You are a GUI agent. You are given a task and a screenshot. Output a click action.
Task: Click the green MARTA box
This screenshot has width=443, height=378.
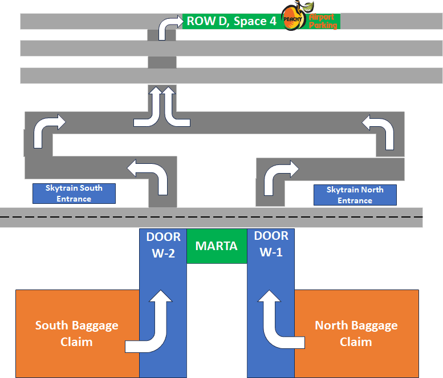pos(217,246)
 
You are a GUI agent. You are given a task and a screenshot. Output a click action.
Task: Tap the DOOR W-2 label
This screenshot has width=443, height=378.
pos(163,245)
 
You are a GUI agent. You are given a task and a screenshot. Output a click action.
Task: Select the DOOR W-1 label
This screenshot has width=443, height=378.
pos(271,244)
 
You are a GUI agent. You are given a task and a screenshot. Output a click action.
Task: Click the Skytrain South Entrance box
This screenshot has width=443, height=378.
pos(74,194)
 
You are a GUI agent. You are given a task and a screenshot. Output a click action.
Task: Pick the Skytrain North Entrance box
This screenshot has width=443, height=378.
pos(355,195)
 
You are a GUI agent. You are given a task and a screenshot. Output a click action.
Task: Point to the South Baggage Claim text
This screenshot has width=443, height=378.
pos(76,333)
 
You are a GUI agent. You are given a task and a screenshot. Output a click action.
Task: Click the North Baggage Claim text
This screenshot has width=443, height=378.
pos(356,333)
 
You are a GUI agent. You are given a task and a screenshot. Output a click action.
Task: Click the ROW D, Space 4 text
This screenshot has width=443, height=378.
pos(231,21)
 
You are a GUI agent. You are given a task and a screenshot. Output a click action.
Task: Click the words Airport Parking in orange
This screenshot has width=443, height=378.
pos(323,21)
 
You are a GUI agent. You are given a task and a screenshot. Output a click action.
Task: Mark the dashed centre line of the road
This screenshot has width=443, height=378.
pos(212,217)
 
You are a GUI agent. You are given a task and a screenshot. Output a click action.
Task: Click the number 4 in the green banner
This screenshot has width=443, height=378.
pos(273,21)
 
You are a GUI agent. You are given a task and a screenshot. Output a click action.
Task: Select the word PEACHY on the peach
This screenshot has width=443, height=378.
pos(292,19)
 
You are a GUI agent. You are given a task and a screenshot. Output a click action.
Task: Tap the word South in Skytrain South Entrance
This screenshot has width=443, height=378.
pos(91,188)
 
